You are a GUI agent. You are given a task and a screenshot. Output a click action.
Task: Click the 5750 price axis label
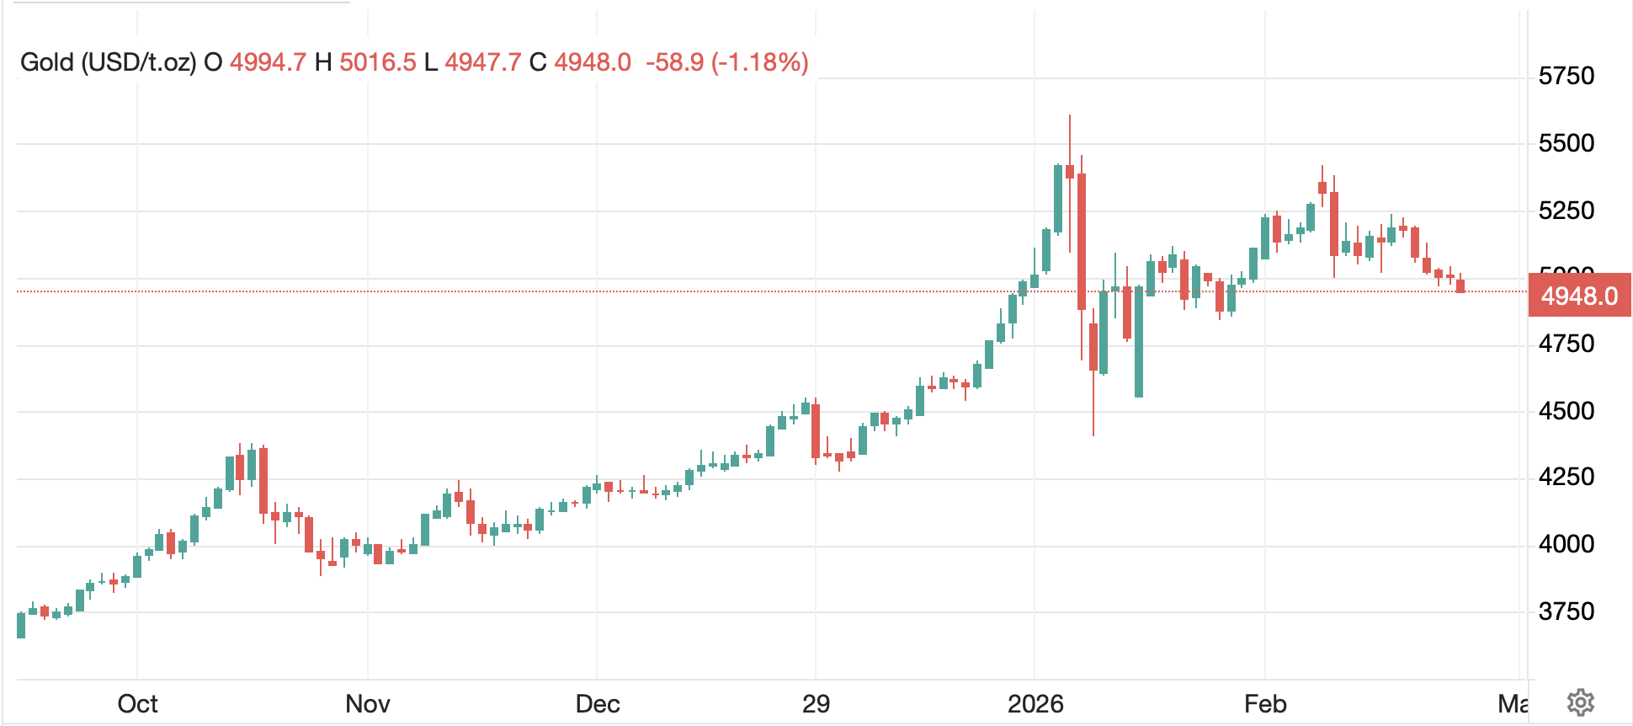coord(1566,76)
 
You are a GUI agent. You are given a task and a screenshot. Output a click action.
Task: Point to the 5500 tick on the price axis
coord(1566,143)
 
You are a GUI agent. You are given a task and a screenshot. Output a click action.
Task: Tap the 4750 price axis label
coord(1566,344)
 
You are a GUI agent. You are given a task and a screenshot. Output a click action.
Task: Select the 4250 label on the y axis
coord(1566,478)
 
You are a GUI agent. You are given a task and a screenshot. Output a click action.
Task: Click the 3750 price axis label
coord(1566,611)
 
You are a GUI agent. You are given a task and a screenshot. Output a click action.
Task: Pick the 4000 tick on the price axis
coord(1566,544)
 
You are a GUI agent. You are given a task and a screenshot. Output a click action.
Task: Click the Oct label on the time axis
coord(137,703)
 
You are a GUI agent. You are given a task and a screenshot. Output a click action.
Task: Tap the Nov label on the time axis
coord(368,703)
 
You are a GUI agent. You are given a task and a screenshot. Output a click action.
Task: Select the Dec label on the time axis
coord(598,703)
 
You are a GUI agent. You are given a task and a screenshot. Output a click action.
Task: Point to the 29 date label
coord(816,703)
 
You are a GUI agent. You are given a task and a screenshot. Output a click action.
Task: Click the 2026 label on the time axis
coord(1035,703)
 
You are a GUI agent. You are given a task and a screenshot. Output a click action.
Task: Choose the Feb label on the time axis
coord(1265,703)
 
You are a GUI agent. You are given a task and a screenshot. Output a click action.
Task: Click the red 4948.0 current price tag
coord(1579,296)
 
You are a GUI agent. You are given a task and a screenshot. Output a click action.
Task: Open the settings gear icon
coord(1580,702)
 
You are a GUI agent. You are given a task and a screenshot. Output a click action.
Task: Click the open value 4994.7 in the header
coord(268,62)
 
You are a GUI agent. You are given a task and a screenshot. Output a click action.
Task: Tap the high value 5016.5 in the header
coord(377,62)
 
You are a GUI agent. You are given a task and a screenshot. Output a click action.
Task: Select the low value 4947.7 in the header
coord(483,62)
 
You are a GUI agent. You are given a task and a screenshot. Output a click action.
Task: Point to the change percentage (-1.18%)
coord(760,62)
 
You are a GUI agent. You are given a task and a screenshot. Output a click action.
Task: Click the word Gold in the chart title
coord(47,62)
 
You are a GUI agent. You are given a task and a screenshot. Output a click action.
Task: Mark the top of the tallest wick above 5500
coord(1070,115)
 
